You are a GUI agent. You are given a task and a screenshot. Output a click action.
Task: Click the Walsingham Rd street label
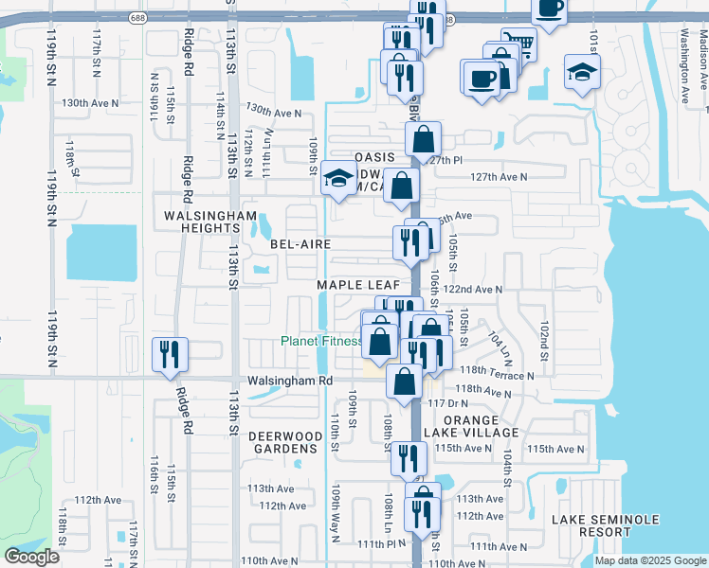pos(291,381)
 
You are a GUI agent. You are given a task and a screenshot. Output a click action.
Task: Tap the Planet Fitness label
pos(321,342)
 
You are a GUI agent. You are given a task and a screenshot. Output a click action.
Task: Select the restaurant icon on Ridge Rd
pos(171,354)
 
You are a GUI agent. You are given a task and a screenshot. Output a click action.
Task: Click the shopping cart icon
pos(517,44)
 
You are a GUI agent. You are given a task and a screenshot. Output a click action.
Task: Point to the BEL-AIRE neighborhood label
pos(300,243)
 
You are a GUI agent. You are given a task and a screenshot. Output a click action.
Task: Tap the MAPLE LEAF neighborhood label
pos(352,285)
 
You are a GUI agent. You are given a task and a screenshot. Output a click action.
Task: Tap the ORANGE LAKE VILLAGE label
pos(481,426)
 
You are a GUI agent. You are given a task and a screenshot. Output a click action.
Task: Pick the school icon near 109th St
pos(336,178)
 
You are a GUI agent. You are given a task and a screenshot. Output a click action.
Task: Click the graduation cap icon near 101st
pos(582,71)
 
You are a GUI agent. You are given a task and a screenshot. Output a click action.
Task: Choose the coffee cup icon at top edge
pos(549,9)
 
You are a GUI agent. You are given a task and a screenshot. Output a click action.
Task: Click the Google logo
pos(31,557)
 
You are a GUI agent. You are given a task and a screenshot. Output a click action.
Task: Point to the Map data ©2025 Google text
pos(650,559)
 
